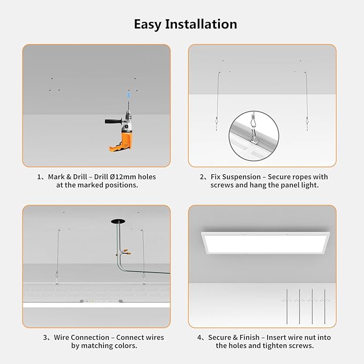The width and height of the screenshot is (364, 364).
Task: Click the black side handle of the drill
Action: tap(113, 121)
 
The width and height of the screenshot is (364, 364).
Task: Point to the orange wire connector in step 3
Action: tap(125, 250)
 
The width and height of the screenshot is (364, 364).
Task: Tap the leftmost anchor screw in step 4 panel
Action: tap(287, 305)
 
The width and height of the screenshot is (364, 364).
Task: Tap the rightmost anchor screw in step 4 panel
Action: tap(323, 305)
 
